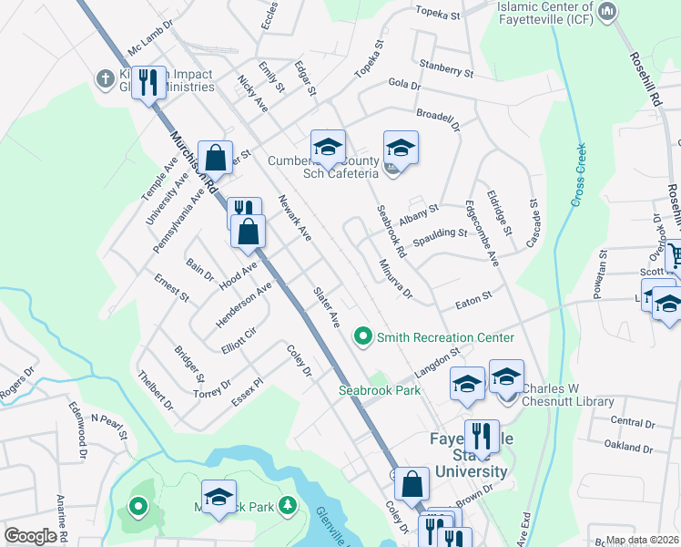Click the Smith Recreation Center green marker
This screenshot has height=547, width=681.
click(x=363, y=337)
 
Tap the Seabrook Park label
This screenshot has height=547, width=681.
click(x=380, y=389)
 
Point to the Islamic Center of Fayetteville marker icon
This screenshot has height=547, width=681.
click(x=608, y=12)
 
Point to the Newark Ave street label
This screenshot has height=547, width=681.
click(x=295, y=218)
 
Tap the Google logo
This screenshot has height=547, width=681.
click(x=31, y=536)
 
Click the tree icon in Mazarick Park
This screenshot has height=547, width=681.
click(x=287, y=504)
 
